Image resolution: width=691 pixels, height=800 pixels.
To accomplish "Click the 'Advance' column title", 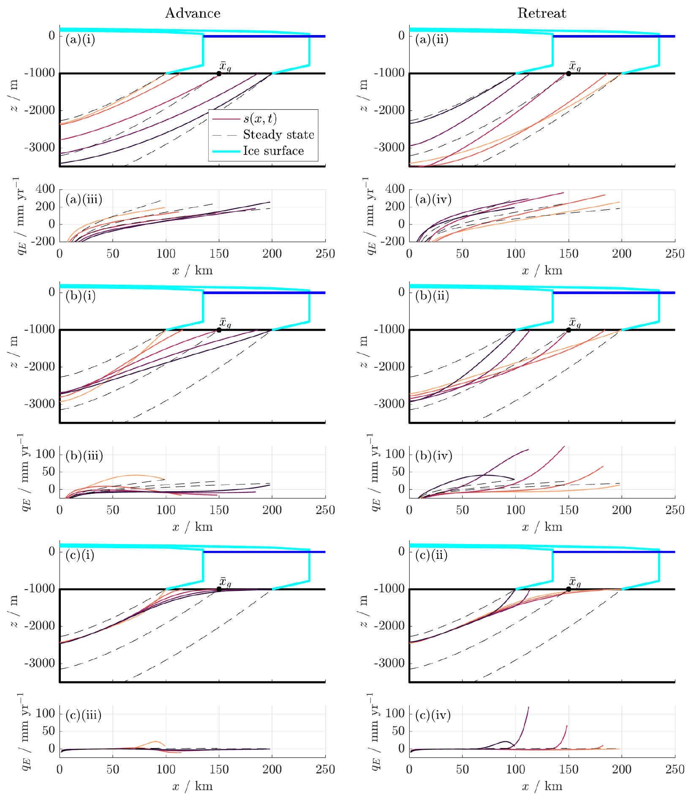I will click(x=193, y=13).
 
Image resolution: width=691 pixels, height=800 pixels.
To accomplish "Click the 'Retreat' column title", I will click(x=541, y=13).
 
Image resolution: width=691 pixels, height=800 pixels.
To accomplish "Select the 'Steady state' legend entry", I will click(x=278, y=135).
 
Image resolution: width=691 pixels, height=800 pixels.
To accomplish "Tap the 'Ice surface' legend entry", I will click(x=273, y=151).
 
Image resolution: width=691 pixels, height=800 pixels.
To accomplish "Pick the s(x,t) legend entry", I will click(x=260, y=119).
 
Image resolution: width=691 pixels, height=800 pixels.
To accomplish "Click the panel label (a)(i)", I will click(x=80, y=40).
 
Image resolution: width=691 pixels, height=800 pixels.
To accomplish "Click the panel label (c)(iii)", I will click(x=84, y=715).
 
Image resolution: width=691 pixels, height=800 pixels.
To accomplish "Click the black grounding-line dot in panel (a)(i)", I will click(x=219, y=73).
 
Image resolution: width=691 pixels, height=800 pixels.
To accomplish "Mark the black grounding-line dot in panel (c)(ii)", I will click(x=569, y=589).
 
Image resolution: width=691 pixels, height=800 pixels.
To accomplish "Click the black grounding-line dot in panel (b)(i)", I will click(x=219, y=330).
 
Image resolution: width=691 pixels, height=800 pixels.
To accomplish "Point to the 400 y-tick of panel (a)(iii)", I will click(x=45, y=189).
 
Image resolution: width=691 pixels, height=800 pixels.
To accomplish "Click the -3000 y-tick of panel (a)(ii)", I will click(x=389, y=147).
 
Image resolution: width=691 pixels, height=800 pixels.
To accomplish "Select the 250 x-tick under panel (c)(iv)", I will click(x=675, y=770).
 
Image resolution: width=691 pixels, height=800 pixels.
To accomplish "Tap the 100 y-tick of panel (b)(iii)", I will click(x=45, y=454).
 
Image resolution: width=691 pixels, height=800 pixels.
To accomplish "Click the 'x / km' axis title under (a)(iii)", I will click(x=193, y=271).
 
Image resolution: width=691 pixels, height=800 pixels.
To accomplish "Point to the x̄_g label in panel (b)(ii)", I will click(x=575, y=323).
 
